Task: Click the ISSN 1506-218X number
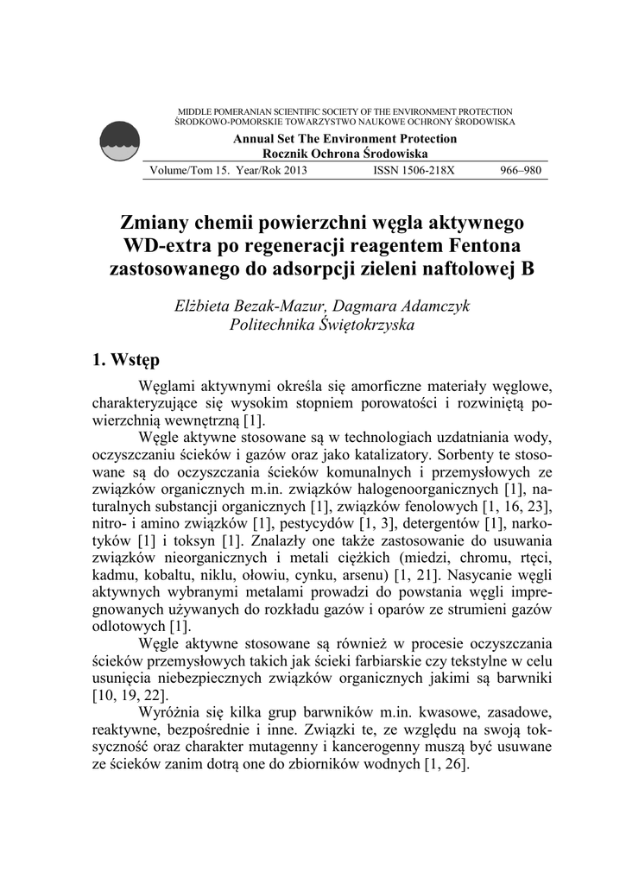pyautogui.click(x=413, y=170)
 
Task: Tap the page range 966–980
pyautogui.click(x=521, y=170)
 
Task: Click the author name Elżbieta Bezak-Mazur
pyautogui.click(x=248, y=306)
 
